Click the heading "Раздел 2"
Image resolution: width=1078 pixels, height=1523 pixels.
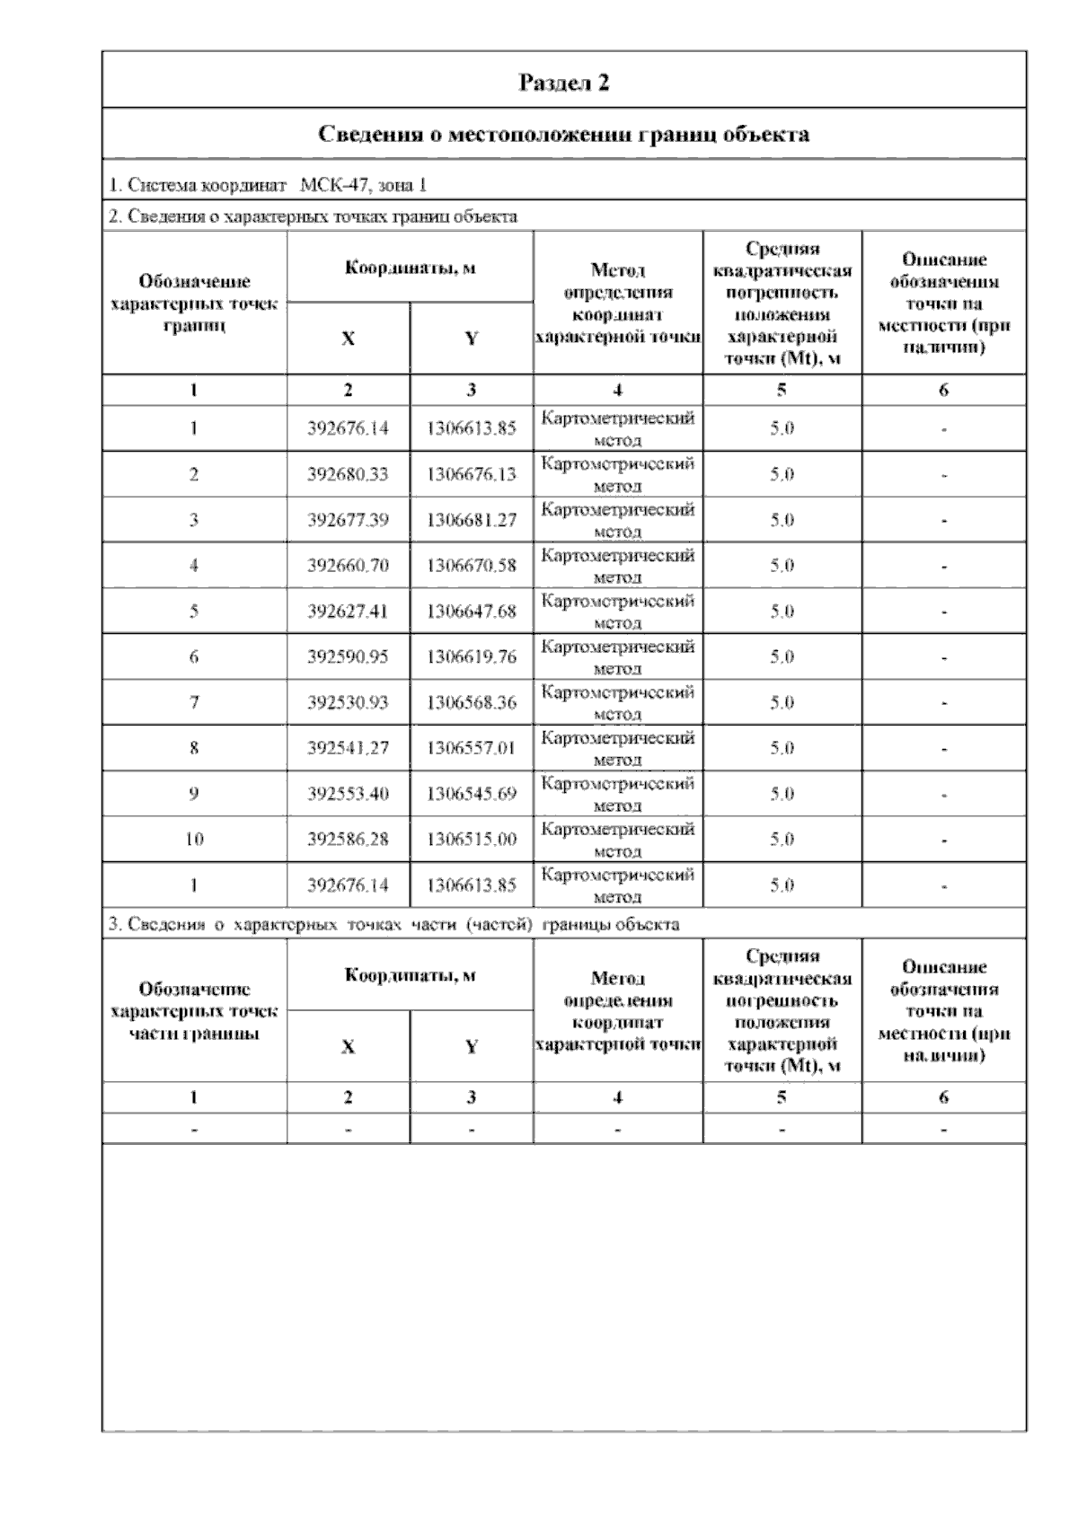(x=564, y=83)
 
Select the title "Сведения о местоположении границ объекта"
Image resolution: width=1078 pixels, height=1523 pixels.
(x=564, y=135)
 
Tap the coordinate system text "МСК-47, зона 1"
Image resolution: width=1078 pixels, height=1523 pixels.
(x=363, y=186)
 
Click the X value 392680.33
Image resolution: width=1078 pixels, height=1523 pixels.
(x=348, y=474)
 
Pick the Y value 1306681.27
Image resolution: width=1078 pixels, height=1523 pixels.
(x=472, y=520)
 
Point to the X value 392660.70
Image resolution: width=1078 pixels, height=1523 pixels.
(x=348, y=566)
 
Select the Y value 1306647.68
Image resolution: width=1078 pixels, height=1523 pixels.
(x=472, y=612)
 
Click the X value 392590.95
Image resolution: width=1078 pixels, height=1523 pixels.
(x=348, y=657)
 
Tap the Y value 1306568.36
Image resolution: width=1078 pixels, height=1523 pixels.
(x=472, y=702)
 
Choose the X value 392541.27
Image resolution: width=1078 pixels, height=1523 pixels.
(x=348, y=748)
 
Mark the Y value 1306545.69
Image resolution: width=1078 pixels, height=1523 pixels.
(x=472, y=794)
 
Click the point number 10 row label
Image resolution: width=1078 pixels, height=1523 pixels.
(x=194, y=840)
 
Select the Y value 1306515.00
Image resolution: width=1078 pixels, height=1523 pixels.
(x=472, y=840)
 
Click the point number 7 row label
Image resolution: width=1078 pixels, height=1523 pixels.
(x=194, y=702)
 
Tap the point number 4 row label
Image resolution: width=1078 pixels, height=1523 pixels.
(x=194, y=566)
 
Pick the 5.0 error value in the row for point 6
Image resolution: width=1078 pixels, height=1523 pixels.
(x=782, y=657)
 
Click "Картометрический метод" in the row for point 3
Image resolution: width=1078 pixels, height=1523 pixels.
(x=618, y=520)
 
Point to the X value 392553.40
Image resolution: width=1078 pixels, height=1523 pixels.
(x=348, y=794)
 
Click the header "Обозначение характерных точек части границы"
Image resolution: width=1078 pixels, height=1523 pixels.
(x=194, y=1011)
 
